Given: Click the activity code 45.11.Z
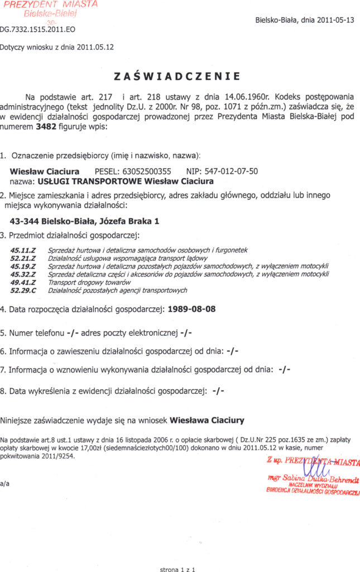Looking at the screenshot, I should pyautogui.click(x=23, y=250).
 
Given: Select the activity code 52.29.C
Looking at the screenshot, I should pyautogui.click(x=23, y=290).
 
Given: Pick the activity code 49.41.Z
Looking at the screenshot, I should pyautogui.click(x=23, y=283).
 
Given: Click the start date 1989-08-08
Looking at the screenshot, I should pyautogui.click(x=191, y=308).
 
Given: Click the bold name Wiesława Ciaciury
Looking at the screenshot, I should pyautogui.click(x=207, y=418).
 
